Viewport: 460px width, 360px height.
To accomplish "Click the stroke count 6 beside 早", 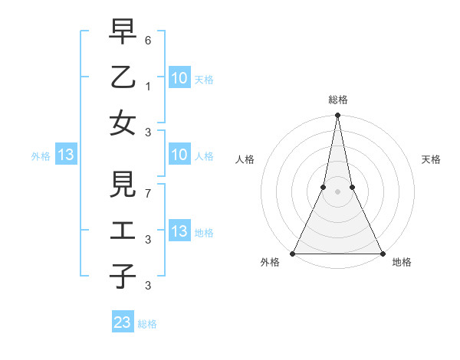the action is (148, 39).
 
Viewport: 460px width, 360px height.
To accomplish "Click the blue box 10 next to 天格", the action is (179, 77).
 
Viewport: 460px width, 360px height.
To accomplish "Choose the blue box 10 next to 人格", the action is (179, 155).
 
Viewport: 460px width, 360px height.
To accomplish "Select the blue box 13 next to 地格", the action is (179, 231).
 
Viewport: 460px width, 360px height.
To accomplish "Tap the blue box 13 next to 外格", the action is (65, 155).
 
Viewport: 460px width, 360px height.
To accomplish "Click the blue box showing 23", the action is (123, 322).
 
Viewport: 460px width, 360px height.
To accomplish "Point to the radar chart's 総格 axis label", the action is (337, 100).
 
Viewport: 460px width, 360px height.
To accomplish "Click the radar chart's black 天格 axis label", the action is (432, 159).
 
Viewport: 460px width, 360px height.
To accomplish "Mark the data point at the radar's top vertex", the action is (337, 116).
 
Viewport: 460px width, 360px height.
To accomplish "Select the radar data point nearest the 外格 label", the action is (293, 254).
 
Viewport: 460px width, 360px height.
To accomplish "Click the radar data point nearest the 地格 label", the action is (382, 254).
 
